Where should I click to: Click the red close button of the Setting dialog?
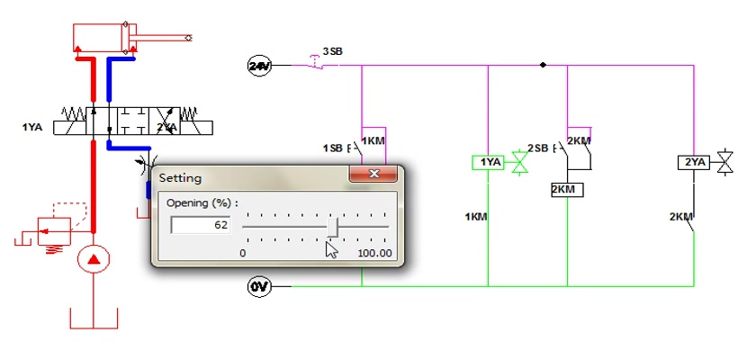(x=373, y=174)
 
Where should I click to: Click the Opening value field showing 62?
(x=201, y=225)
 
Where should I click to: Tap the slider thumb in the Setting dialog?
(x=332, y=227)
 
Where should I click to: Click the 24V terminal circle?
(x=259, y=66)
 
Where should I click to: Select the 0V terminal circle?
(x=259, y=287)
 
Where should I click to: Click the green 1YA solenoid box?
(x=488, y=163)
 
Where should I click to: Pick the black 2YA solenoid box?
(x=694, y=163)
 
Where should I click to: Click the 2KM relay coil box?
(x=567, y=190)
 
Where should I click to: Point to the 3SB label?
(x=332, y=51)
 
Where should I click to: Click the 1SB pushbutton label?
(x=333, y=148)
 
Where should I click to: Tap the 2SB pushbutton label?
(x=538, y=148)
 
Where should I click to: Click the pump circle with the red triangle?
(x=94, y=259)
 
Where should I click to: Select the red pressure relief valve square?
(x=55, y=231)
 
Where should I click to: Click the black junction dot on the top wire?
(x=543, y=65)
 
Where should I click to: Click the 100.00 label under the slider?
(x=374, y=254)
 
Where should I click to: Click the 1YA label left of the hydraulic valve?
(x=32, y=128)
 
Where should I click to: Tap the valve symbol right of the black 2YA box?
(x=724, y=162)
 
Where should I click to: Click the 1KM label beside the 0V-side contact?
(x=476, y=217)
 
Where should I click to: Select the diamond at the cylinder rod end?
(x=188, y=38)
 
